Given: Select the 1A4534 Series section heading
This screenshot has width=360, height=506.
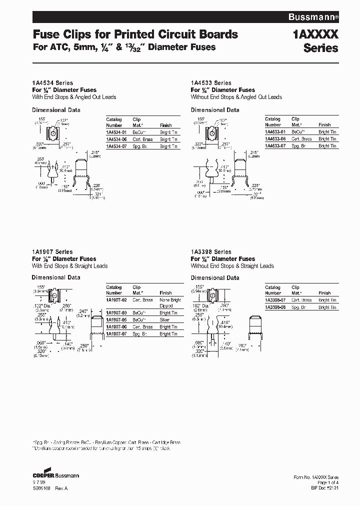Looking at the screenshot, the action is point(52,83).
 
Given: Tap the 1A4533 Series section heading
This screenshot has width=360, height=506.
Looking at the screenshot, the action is point(211,83).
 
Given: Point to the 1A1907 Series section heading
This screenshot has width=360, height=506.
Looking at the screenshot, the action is point(52,252).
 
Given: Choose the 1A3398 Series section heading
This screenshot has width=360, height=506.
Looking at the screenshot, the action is point(211,252).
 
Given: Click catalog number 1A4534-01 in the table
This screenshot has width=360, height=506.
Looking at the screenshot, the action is point(116,132).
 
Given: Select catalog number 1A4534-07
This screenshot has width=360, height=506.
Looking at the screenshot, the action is point(116,146).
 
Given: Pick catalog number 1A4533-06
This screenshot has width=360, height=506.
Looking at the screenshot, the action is point(275,139).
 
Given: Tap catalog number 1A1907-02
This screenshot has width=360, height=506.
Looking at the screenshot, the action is point(116,300).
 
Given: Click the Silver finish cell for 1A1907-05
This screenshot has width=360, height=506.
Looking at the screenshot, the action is point(165,319).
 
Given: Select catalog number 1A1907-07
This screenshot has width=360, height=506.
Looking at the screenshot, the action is point(116,333).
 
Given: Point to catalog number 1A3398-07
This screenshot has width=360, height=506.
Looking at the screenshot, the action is point(275,300).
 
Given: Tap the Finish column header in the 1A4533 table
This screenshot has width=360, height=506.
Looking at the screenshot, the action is point(324,125).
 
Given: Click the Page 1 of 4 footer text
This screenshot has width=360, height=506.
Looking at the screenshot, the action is point(326,483).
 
